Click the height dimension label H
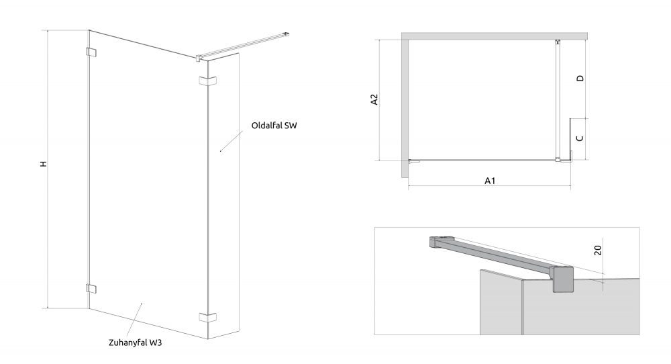pyautogui.click(x=43, y=164)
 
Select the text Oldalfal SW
pyautogui.click(x=274, y=126)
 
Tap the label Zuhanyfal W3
pyautogui.click(x=136, y=343)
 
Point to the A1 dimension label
pyautogui.click(x=490, y=181)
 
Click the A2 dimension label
pyautogui.click(x=374, y=99)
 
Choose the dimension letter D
pyautogui.click(x=580, y=79)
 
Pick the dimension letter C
pyautogui.click(x=580, y=138)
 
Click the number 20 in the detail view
pyautogui.click(x=598, y=250)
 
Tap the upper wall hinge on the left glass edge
pyautogui.click(x=91, y=52)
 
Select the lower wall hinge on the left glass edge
pyautogui.click(x=91, y=288)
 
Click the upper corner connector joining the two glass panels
pyautogui.click(x=207, y=81)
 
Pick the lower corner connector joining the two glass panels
pyautogui.click(x=207, y=317)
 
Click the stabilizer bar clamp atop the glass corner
pyautogui.click(x=198, y=58)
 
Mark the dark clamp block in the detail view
pyautogui.click(x=562, y=279)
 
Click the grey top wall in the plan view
pyautogui.click(x=495, y=36)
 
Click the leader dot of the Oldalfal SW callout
pyautogui.click(x=220, y=151)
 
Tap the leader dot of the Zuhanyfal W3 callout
pyautogui.click(x=142, y=304)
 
